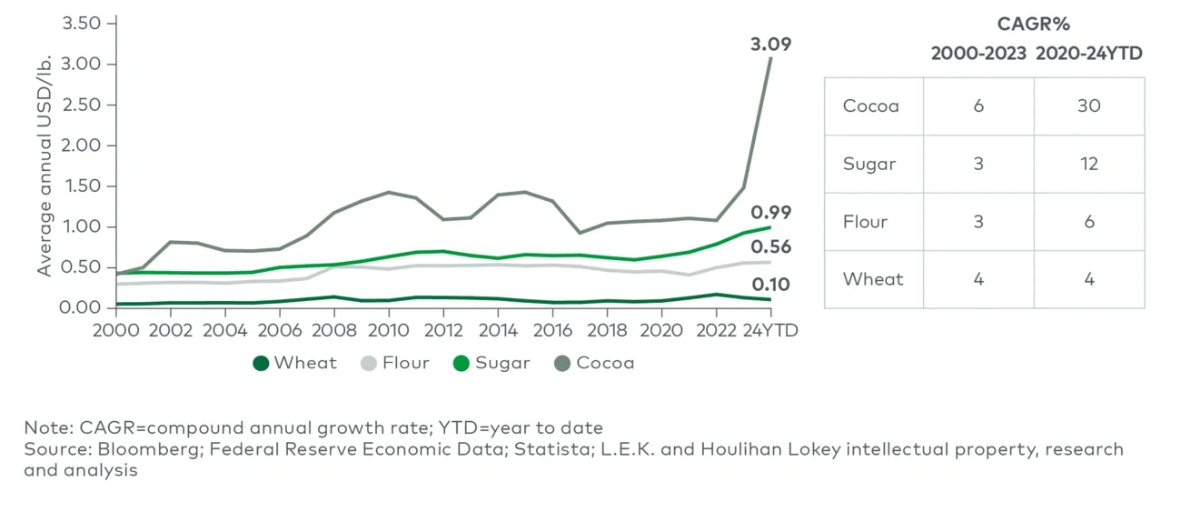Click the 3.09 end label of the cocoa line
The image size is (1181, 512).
pyautogui.click(x=770, y=43)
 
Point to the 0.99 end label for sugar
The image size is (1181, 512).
pyautogui.click(x=770, y=212)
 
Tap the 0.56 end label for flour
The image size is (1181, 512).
pyautogui.click(x=770, y=246)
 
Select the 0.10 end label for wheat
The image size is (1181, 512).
pyautogui.click(x=770, y=285)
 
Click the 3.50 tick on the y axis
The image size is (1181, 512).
pyautogui.click(x=81, y=23)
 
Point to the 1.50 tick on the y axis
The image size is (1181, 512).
pyautogui.click(x=81, y=186)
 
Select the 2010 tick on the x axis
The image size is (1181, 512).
pyautogui.click(x=390, y=330)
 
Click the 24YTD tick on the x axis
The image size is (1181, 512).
pyautogui.click(x=769, y=330)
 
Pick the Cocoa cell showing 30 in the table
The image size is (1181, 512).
pyautogui.click(x=1088, y=106)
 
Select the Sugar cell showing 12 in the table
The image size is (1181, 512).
pyautogui.click(x=1088, y=164)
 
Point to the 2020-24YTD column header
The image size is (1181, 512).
pyautogui.click(x=1088, y=54)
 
